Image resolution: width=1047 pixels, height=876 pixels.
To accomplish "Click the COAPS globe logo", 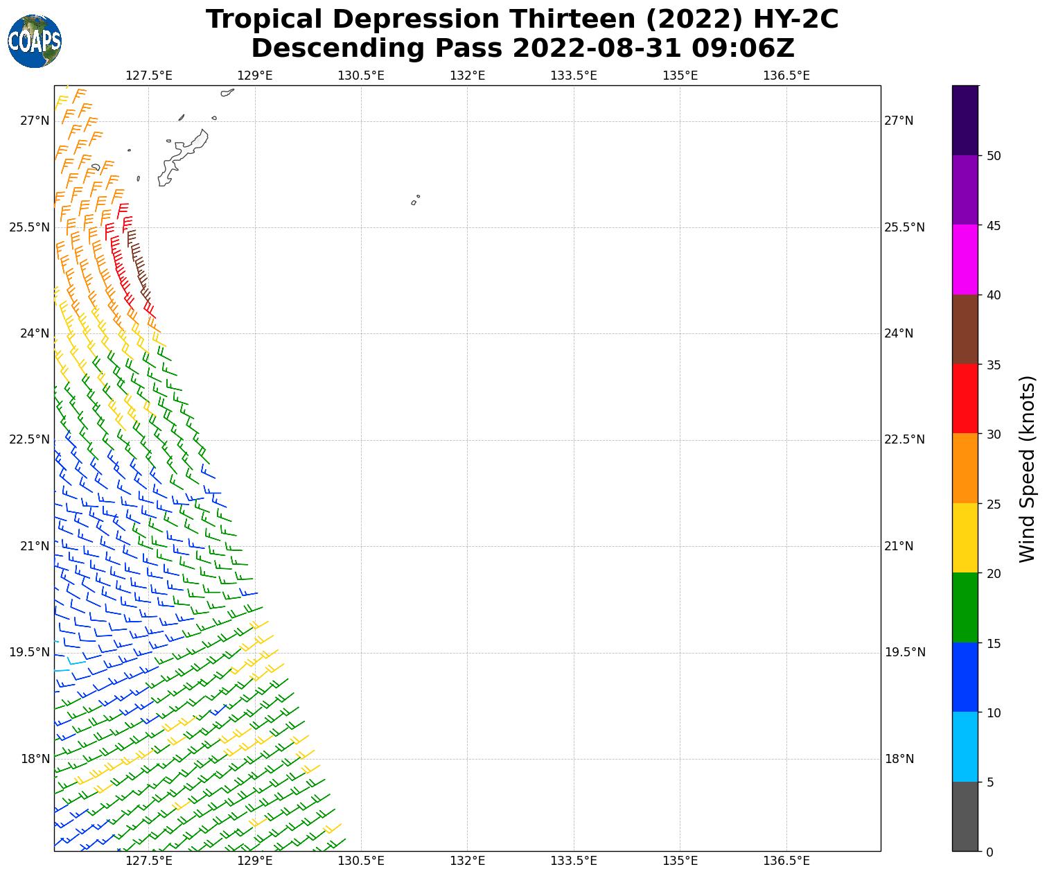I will click(35, 41).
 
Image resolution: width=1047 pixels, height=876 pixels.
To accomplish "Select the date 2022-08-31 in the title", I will click(597, 49).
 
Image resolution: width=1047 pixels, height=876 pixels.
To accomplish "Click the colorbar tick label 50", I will click(994, 156).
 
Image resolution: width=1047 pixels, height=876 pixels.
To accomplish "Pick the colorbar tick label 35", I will click(994, 365).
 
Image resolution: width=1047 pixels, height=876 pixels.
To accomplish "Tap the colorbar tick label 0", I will click(989, 852).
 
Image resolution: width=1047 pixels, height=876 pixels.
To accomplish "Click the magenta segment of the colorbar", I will click(965, 260).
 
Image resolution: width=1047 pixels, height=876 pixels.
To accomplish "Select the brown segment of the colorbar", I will click(965, 330).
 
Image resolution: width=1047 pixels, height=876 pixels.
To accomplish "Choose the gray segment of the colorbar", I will click(965, 816).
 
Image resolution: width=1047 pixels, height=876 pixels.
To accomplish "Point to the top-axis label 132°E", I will click(467, 76).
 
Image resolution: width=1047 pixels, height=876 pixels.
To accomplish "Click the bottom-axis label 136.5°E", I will click(786, 861).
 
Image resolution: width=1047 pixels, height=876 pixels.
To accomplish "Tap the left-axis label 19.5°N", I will click(29, 652).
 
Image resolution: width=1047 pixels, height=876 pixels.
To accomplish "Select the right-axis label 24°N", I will click(899, 333).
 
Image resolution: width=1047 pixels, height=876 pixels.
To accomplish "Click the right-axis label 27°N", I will click(899, 121).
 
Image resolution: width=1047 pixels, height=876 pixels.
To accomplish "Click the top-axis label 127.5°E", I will click(149, 76).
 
